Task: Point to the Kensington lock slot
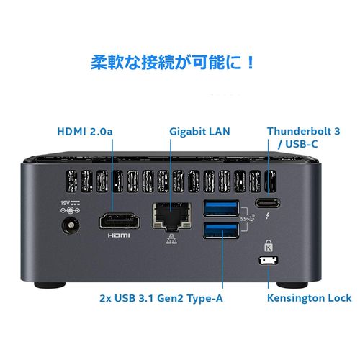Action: click(x=267, y=259)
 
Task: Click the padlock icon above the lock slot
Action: click(x=267, y=246)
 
